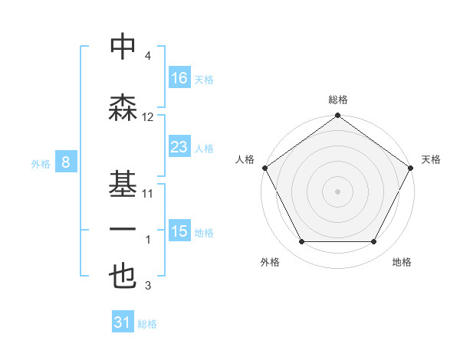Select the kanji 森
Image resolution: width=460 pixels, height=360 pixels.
click(x=123, y=107)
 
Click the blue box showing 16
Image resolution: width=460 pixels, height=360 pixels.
click(x=179, y=77)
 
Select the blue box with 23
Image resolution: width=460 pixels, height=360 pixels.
click(x=179, y=146)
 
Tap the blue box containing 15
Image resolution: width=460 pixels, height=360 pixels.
click(x=179, y=231)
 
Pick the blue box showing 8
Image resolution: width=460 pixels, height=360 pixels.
click(x=67, y=162)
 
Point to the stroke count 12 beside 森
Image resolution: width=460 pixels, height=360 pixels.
click(x=148, y=117)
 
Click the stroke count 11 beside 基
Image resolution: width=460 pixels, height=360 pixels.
click(x=148, y=194)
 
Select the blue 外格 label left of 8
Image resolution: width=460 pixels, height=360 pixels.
click(x=40, y=163)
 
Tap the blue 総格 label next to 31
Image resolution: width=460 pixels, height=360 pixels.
click(x=147, y=324)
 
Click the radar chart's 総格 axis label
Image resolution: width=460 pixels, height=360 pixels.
click(x=338, y=100)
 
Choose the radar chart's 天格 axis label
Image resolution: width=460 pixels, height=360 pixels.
click(x=432, y=159)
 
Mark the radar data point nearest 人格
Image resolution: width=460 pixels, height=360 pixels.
click(x=265, y=168)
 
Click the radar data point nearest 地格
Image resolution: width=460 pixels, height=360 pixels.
click(x=374, y=242)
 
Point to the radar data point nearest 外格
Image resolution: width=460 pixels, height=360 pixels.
click(x=301, y=242)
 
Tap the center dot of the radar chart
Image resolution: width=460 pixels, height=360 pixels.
click(x=338, y=191)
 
